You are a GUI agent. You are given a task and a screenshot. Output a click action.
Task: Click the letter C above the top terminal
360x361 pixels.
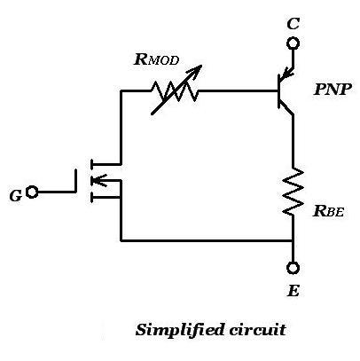(x=293, y=22)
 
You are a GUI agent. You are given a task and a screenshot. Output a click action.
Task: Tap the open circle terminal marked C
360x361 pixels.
(x=293, y=43)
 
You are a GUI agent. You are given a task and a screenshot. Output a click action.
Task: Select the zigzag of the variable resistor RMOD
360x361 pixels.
(x=176, y=90)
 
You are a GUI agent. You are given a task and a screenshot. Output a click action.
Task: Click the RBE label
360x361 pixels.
(x=330, y=212)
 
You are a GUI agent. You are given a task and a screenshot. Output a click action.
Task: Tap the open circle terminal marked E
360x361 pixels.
(x=293, y=268)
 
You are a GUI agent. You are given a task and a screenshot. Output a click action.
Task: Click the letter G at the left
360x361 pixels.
(x=15, y=195)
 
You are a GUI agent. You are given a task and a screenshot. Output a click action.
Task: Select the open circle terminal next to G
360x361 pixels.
(x=33, y=192)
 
